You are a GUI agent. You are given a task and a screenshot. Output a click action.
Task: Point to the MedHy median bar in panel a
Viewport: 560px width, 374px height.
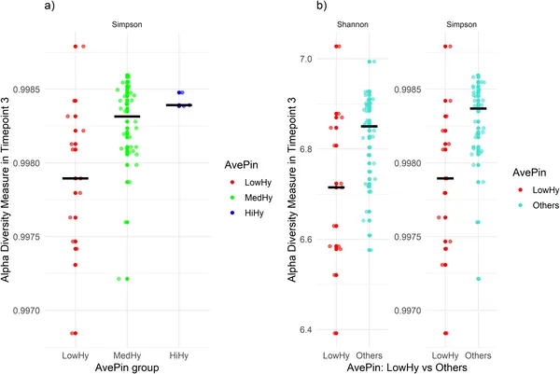[127, 117]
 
